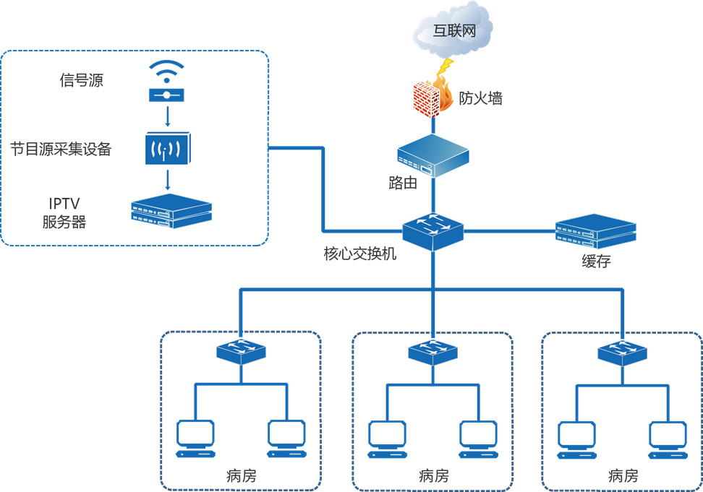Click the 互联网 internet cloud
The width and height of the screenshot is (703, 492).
(x=453, y=30)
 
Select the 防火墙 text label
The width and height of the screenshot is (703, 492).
(x=481, y=98)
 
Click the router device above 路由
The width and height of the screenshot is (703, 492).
(x=433, y=155)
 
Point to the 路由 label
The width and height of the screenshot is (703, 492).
(x=403, y=183)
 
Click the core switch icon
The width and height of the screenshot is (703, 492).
(x=433, y=231)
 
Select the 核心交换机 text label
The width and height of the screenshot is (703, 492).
(x=360, y=254)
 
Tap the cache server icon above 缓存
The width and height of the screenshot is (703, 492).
(x=595, y=231)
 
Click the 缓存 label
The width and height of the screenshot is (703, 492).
(x=596, y=261)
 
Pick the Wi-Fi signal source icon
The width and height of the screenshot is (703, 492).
(x=166, y=81)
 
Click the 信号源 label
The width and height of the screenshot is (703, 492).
(x=82, y=80)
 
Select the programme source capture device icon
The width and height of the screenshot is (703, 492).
(x=168, y=148)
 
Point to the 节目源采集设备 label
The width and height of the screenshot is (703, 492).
(x=61, y=149)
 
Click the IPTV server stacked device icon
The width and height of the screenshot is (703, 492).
(x=171, y=211)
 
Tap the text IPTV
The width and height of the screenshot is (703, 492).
(x=64, y=204)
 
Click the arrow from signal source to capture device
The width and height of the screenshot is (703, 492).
(x=168, y=116)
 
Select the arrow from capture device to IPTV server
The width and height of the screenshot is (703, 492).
(x=168, y=179)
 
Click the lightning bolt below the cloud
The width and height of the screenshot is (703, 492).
(x=446, y=66)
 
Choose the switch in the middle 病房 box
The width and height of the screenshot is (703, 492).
(x=433, y=352)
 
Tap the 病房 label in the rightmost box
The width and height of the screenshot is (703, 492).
(x=623, y=475)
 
